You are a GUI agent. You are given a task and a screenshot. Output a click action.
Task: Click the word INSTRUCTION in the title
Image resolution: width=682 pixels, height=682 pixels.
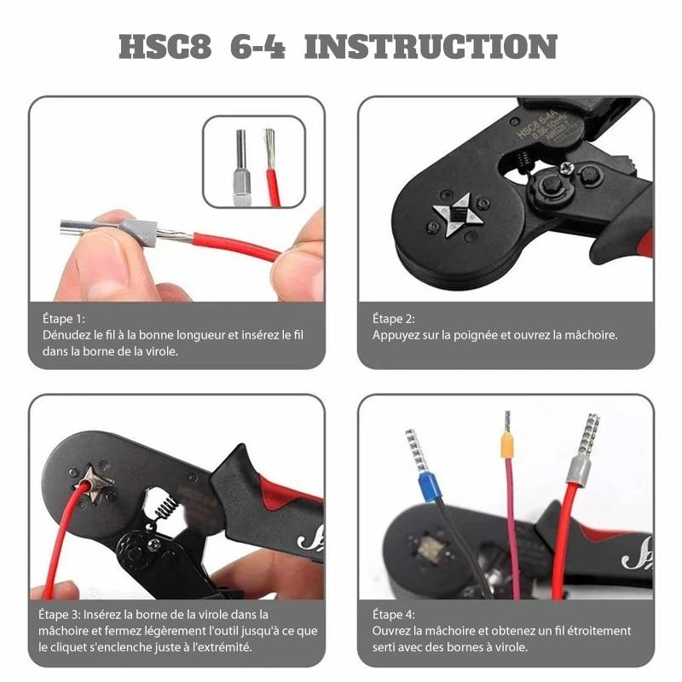[431, 47]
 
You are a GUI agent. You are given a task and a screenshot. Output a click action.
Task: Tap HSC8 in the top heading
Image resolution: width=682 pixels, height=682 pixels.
[165, 47]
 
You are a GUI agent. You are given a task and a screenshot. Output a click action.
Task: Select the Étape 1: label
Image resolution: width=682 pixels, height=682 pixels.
[64, 319]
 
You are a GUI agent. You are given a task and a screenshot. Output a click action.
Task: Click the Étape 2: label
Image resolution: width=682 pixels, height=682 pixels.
[394, 319]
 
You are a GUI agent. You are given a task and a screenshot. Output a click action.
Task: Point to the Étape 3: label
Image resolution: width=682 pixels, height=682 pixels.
[60, 615]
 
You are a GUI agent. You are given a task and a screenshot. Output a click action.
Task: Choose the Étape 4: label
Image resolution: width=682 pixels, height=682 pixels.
[394, 615]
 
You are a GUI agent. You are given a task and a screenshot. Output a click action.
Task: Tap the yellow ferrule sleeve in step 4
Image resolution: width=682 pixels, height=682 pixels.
[507, 445]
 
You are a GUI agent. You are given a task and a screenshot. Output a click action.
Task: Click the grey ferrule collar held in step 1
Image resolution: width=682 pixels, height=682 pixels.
[138, 233]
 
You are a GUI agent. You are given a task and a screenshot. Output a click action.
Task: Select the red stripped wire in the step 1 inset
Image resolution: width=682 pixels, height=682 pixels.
[272, 167]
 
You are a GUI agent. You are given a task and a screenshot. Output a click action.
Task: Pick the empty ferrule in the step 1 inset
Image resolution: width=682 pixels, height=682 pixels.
[241, 167]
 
